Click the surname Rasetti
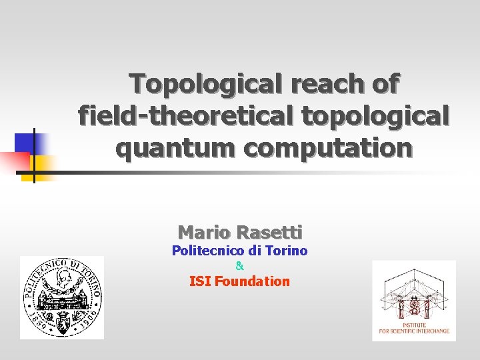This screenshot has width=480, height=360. (x=269, y=232)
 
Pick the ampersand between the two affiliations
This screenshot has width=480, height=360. (x=240, y=266)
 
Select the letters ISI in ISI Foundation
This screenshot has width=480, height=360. (x=201, y=281)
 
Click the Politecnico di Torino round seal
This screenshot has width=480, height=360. (x=62, y=297)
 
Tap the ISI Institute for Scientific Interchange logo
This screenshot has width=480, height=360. (x=414, y=300)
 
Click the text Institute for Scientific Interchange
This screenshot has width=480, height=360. (x=414, y=328)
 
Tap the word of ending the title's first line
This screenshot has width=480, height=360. (x=385, y=85)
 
